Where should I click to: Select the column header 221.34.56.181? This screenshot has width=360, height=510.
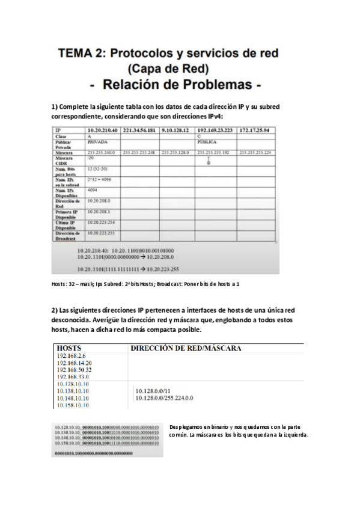[x=139, y=130]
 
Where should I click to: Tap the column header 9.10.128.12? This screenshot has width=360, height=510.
[x=175, y=130]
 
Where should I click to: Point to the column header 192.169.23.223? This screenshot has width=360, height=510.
[x=215, y=130]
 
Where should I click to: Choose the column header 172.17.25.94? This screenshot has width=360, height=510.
[x=254, y=130]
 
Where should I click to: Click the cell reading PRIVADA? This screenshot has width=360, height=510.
[x=97, y=143]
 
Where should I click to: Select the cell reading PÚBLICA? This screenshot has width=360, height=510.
[x=210, y=143]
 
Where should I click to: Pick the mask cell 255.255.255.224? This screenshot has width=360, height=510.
[x=255, y=152]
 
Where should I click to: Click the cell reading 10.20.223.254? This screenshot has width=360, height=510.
[x=100, y=222]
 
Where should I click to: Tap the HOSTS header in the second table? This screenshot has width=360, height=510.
[x=69, y=348]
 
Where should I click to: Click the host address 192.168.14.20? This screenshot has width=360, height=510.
[x=74, y=363]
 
